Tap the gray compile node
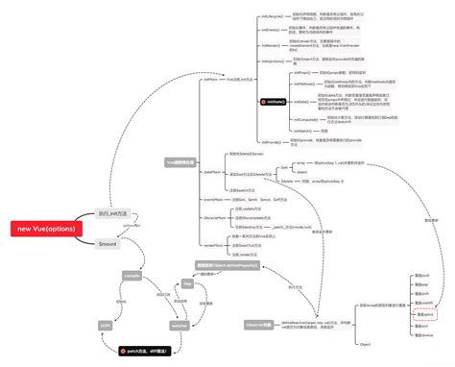[132, 275]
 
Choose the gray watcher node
[180, 326]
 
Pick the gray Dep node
[188, 284]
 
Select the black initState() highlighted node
[275, 101]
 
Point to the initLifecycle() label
[272, 17]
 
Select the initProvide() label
[272, 141]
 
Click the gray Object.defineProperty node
[224, 264]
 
